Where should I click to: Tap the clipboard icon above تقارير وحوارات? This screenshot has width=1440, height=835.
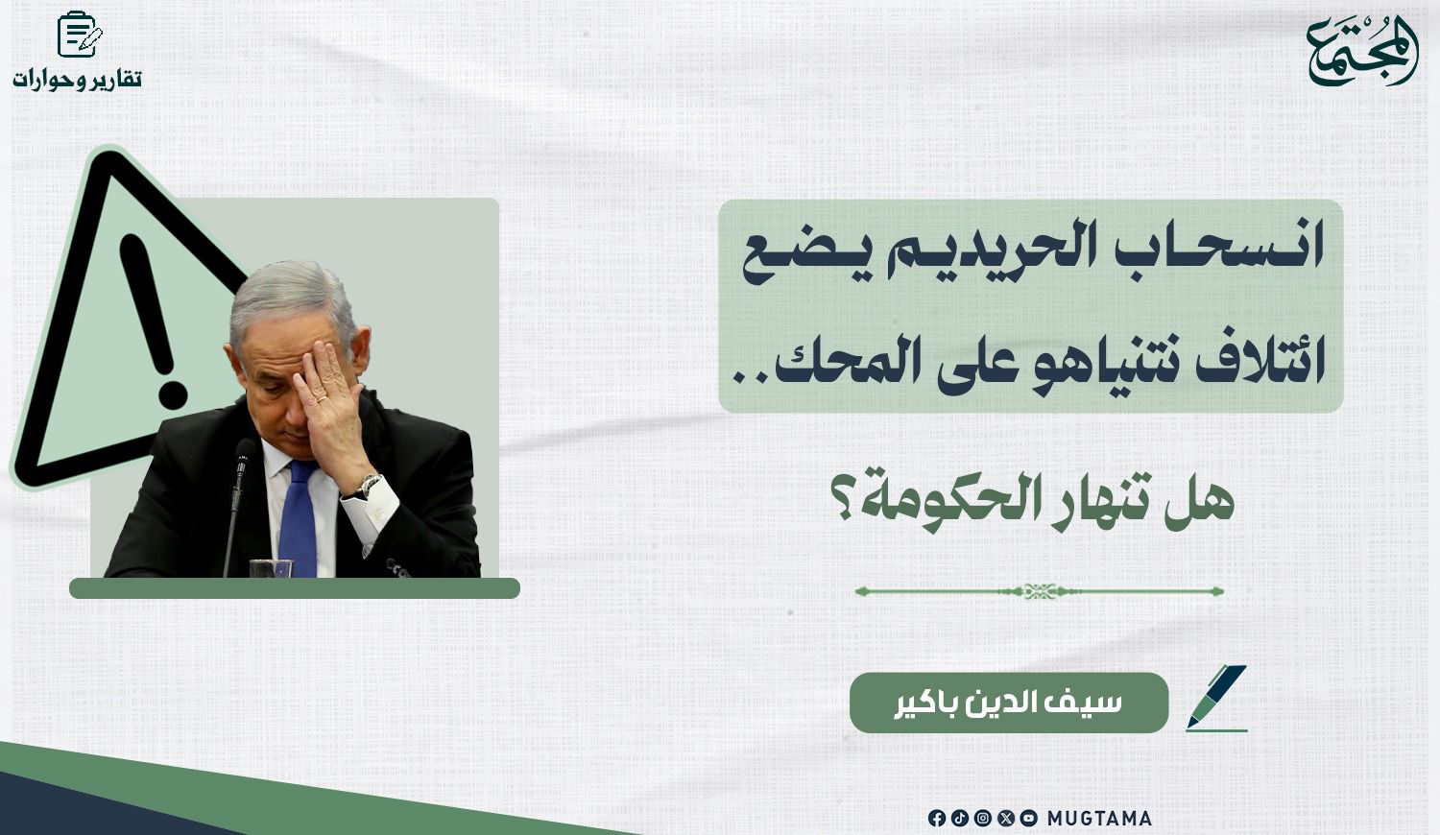(x=80, y=35)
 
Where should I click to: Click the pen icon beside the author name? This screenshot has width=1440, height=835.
(x=1217, y=698)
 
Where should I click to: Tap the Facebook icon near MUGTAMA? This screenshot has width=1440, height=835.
(x=937, y=819)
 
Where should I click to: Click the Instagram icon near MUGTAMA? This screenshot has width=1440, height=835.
(x=983, y=819)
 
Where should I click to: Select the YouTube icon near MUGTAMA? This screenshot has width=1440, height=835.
(x=1028, y=819)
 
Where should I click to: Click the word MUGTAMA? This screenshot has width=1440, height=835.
(x=1099, y=819)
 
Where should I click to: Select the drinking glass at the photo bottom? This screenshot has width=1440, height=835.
(x=271, y=568)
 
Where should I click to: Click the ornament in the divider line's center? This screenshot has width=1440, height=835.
(x=1040, y=590)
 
